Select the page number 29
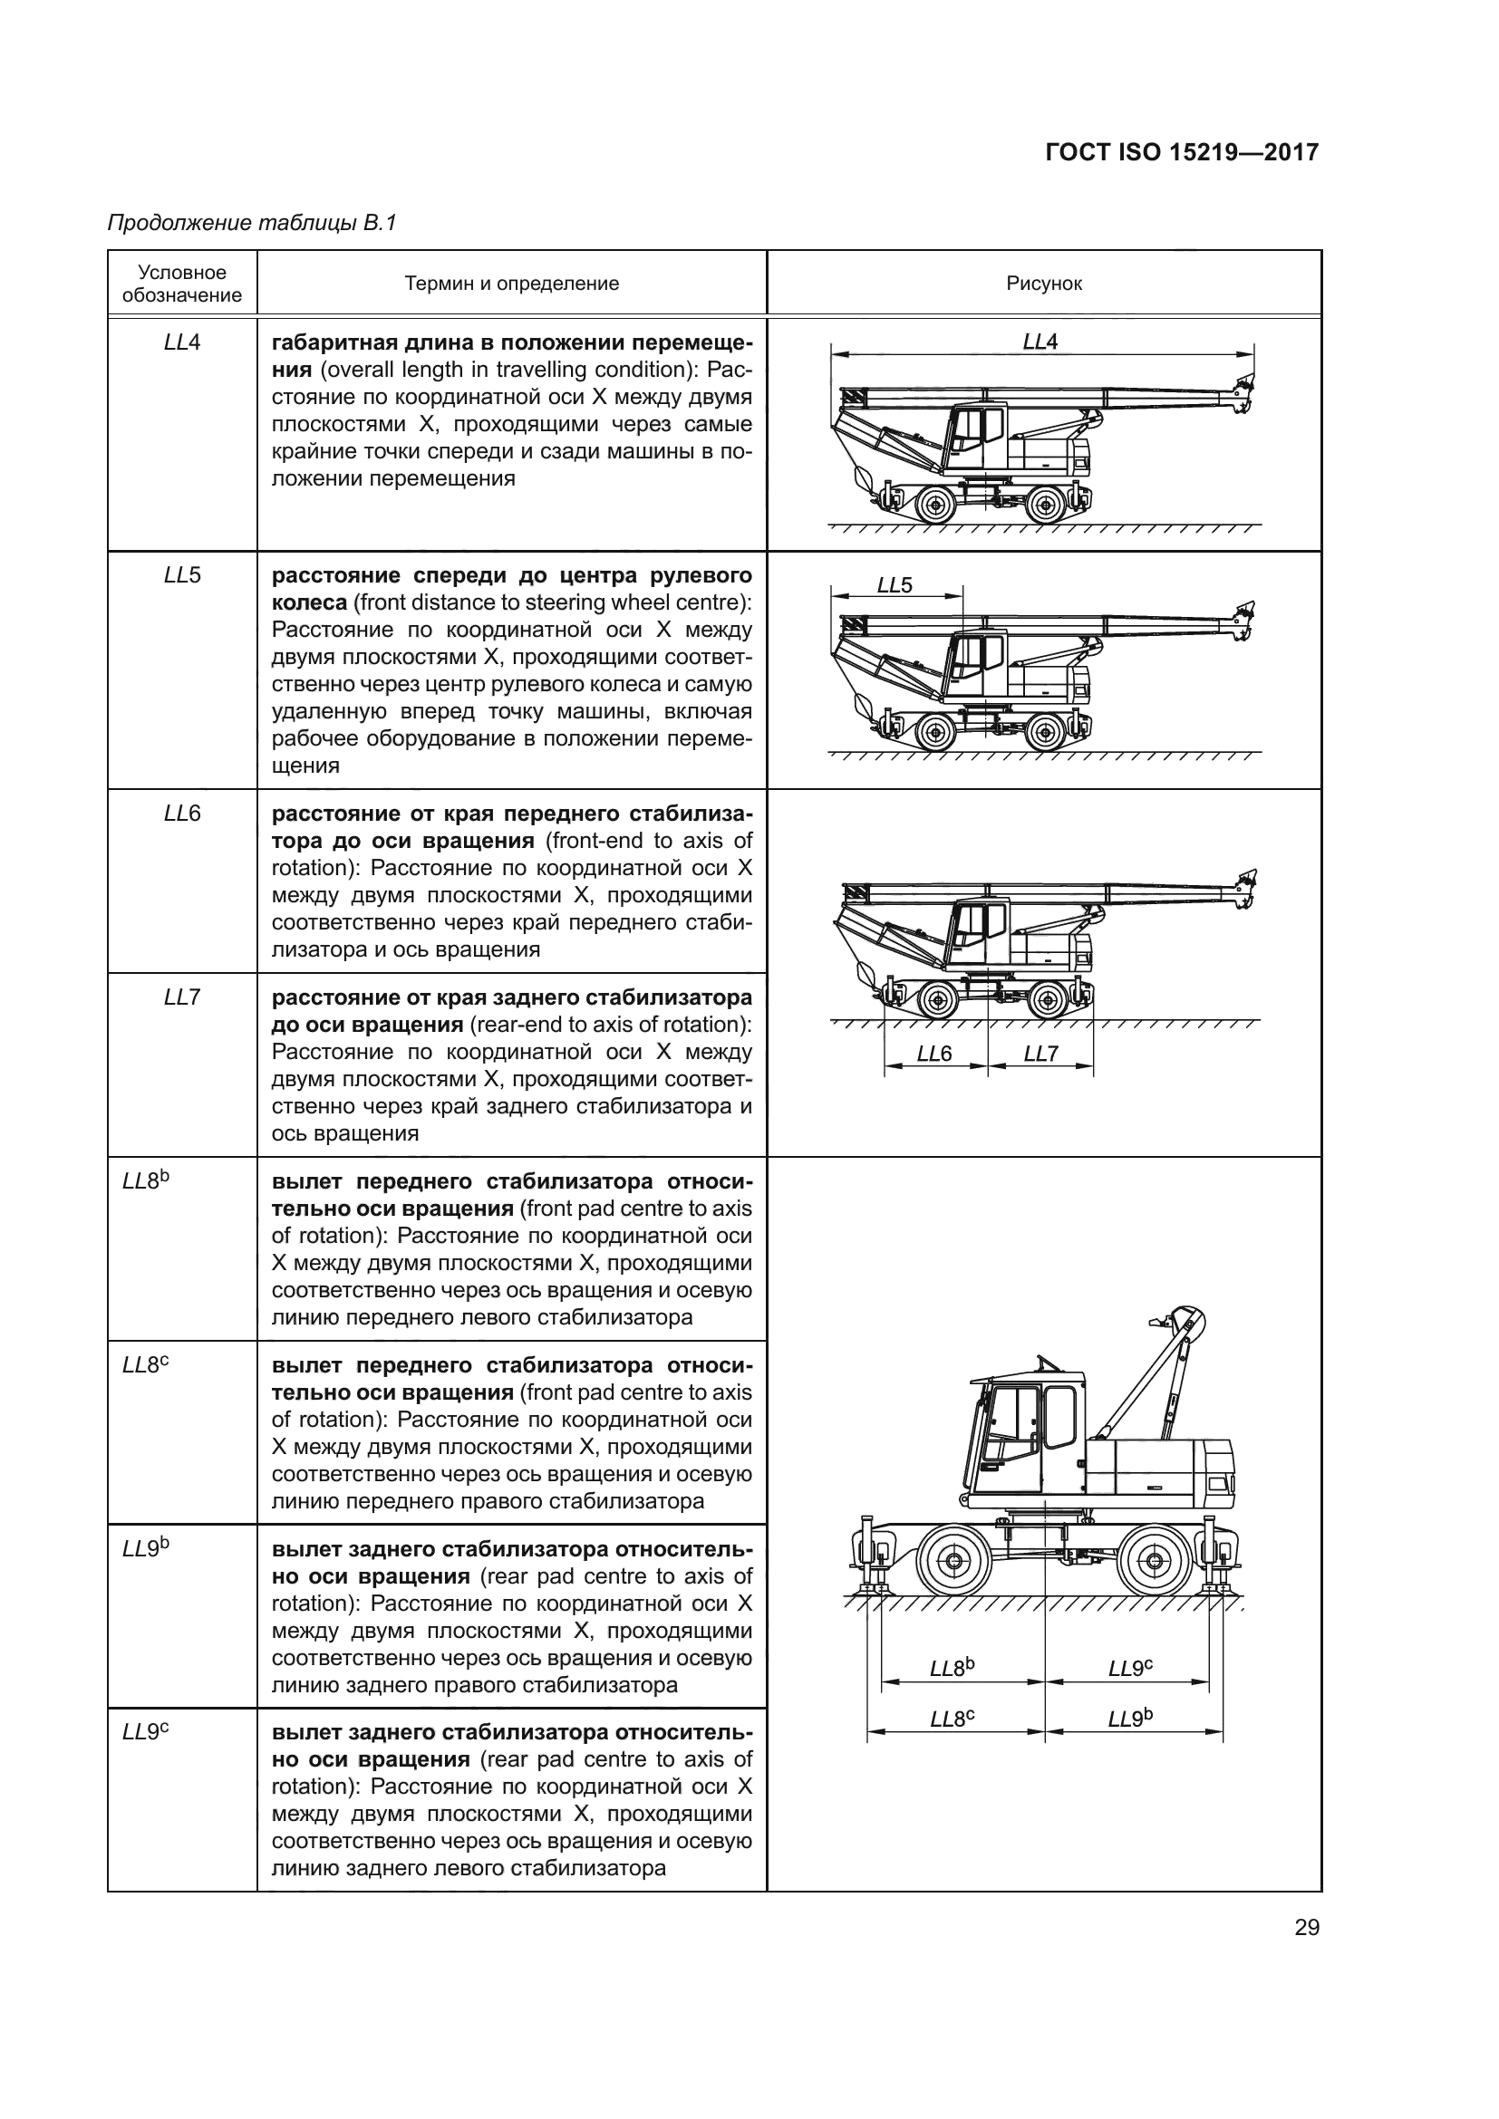click(1306, 1927)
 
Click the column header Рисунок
click(1043, 284)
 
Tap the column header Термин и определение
click(511, 284)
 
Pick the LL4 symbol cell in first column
click(182, 342)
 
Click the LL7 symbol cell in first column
click(182, 997)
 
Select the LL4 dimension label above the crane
click(1040, 342)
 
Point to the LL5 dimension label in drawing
click(894, 585)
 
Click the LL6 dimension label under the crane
click(933, 1054)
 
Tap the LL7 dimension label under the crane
click(1040, 1054)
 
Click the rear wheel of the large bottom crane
click(1154, 1562)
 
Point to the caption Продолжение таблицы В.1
click(251, 223)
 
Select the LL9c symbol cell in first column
click(146, 1732)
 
